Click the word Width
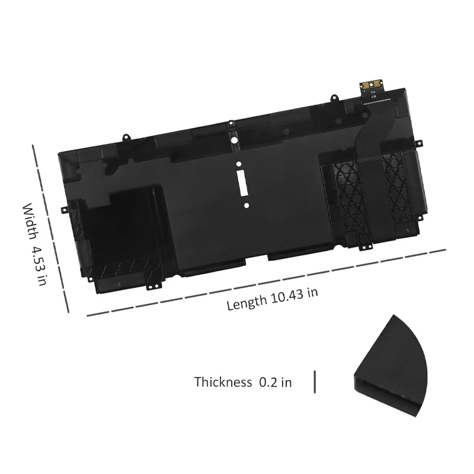(31, 222)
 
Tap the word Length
(246, 303)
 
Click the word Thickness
(223, 382)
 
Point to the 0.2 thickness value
(268, 382)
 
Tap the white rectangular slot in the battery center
(243, 185)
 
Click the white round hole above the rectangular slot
(239, 164)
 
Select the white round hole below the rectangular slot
(246, 206)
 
